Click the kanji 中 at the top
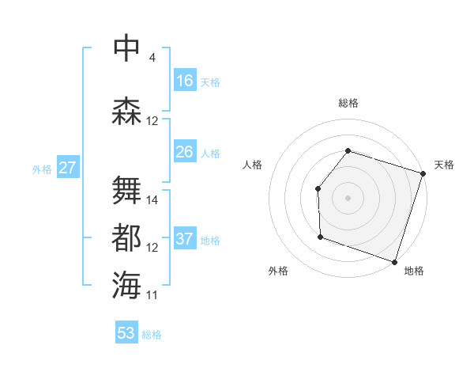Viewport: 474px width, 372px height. pyautogui.click(x=127, y=47)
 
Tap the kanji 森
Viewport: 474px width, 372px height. pyautogui.click(x=127, y=111)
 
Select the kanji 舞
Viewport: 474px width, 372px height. pyautogui.click(x=127, y=189)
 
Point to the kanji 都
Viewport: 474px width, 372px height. pyautogui.click(x=127, y=237)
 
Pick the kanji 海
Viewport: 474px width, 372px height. pyautogui.click(x=127, y=284)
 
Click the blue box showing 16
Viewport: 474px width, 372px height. pyautogui.click(x=185, y=80)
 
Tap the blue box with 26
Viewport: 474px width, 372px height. pyautogui.click(x=185, y=152)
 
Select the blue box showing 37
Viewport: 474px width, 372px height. pyautogui.click(x=185, y=239)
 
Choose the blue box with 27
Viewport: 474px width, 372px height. pyautogui.click(x=67, y=168)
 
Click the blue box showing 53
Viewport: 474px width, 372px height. pyautogui.click(x=126, y=333)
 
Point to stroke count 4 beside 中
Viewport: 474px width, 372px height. pyautogui.click(x=152, y=58)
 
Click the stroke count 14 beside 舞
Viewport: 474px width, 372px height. pyautogui.click(x=152, y=200)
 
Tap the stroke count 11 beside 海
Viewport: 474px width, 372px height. pyautogui.click(x=152, y=295)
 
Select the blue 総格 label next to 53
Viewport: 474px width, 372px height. pyautogui.click(x=152, y=335)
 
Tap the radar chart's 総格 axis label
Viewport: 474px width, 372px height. pyautogui.click(x=348, y=103)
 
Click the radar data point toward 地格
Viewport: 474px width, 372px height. pyautogui.click(x=394, y=261)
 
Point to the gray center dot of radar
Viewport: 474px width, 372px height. pyautogui.click(x=348, y=197)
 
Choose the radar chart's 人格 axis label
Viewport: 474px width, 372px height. pyautogui.click(x=253, y=165)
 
